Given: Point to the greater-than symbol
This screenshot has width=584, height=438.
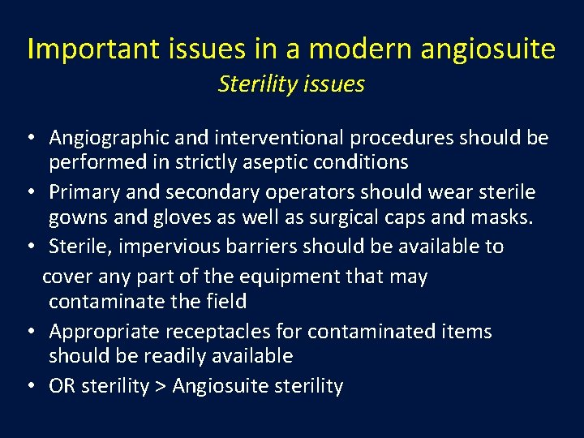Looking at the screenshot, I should tap(161, 386).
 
